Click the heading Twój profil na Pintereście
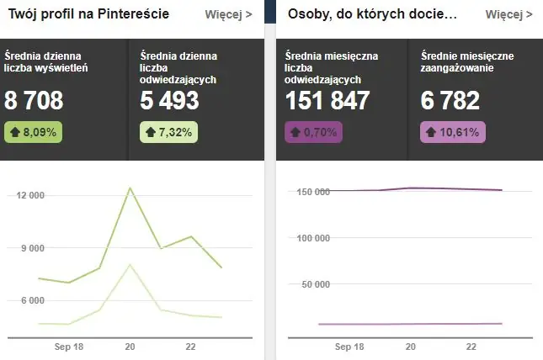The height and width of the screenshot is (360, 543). [88, 14]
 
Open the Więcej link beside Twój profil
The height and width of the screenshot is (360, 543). [228, 14]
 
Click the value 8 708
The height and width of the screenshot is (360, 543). [34, 101]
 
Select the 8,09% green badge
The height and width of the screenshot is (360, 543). [32, 131]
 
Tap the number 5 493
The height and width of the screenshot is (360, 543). [170, 101]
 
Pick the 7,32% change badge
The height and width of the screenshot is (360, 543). [168, 131]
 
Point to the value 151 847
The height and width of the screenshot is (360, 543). [327, 101]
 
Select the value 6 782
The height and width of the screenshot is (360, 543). [450, 101]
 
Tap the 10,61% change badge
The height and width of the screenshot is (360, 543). [451, 131]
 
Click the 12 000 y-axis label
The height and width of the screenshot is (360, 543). [29, 195]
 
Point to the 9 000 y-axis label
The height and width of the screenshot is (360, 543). [32, 248]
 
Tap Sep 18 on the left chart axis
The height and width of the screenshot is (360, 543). [67, 347]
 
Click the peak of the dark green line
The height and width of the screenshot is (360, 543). [130, 188]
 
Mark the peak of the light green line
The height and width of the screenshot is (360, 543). [130, 264]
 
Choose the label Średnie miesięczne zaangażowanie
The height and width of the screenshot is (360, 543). [466, 62]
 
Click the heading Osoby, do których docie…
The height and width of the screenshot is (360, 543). [372, 14]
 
